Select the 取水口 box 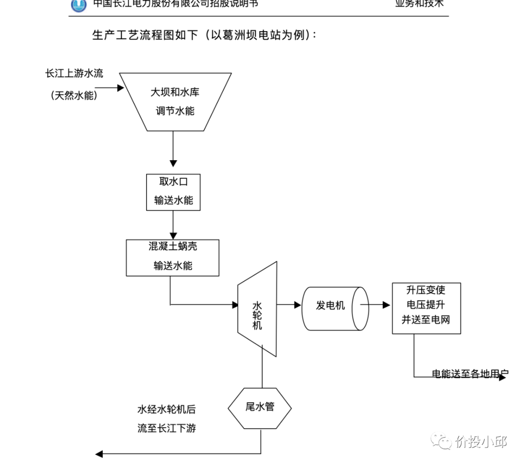[x=173, y=192]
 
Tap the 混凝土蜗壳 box [x=172, y=257]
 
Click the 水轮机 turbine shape [x=257, y=311]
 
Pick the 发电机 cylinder [x=332, y=306]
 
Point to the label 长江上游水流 [x=74, y=73]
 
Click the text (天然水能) [x=74, y=96]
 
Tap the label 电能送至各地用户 [x=468, y=374]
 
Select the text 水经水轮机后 [x=166, y=409]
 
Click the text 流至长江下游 [x=166, y=428]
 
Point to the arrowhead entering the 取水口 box [x=173, y=163]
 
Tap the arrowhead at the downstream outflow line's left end [x=99, y=454]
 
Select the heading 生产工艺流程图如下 [x=145, y=35]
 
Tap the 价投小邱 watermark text [x=480, y=442]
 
